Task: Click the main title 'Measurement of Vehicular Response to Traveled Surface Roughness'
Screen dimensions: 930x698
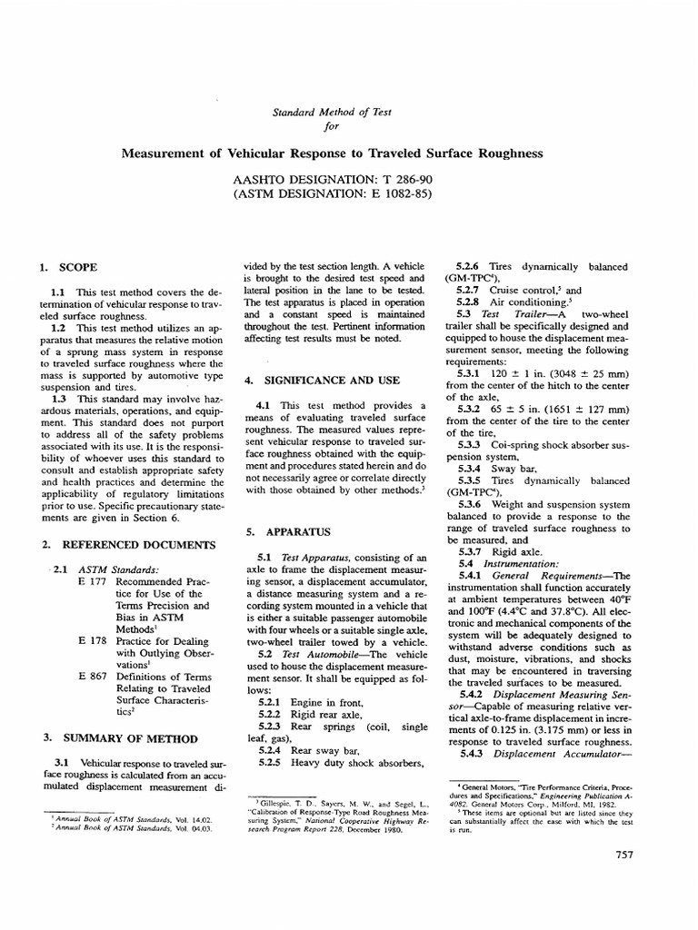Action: [x=332, y=153]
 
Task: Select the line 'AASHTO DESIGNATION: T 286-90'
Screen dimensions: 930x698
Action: [x=332, y=179]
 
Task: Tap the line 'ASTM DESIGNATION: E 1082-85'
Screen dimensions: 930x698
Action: [x=332, y=193]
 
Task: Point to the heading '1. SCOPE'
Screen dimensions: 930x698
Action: [x=68, y=267]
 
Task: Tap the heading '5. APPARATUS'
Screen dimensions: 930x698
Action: [x=292, y=530]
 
